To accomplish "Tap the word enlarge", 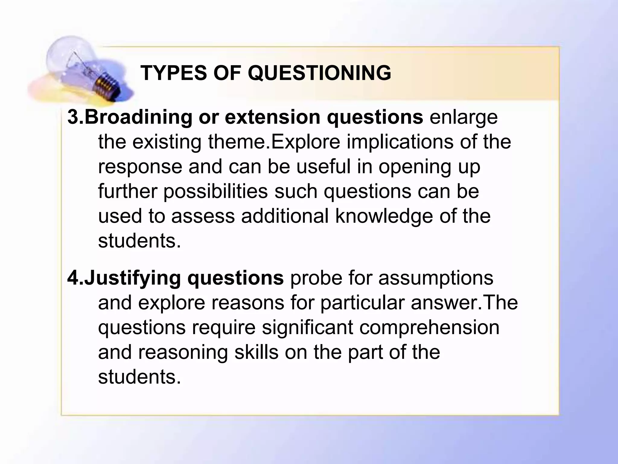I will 463,118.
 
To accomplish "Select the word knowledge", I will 384,216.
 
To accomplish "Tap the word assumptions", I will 436,278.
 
